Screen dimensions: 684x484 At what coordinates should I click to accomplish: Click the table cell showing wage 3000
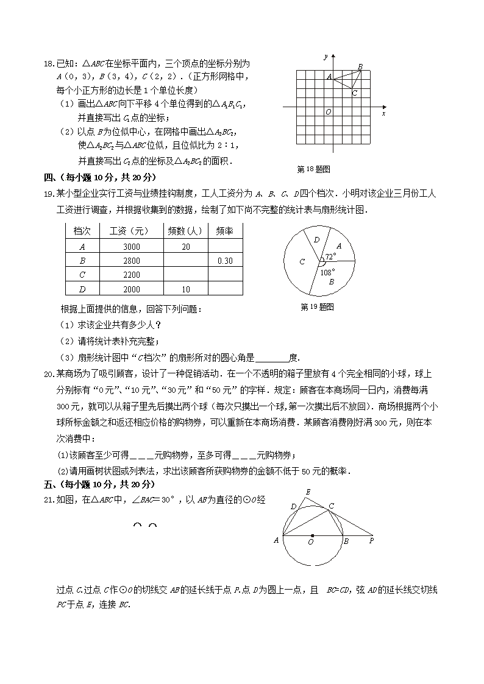pyautogui.click(x=131, y=247)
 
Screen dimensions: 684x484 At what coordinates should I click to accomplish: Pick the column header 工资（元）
pyautogui.click(x=129, y=232)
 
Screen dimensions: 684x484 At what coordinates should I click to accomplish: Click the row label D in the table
pyautogui.click(x=82, y=289)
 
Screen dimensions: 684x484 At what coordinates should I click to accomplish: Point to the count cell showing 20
pyautogui.click(x=186, y=247)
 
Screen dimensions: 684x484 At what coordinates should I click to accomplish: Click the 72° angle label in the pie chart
pyautogui.click(x=330, y=257)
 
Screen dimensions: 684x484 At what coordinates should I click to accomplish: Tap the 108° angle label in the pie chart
pyautogui.click(x=328, y=272)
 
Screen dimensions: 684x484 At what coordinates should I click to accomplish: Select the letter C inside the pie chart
pyautogui.click(x=301, y=262)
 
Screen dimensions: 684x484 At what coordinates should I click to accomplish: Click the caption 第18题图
pyautogui.click(x=313, y=169)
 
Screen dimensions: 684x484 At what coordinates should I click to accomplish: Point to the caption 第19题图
pyautogui.click(x=318, y=307)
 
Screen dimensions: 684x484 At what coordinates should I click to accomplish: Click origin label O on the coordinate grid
pyautogui.click(x=329, y=112)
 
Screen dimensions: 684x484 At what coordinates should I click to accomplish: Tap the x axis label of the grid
pyautogui.click(x=383, y=114)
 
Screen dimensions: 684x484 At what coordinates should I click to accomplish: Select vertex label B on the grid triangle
pyautogui.click(x=360, y=67)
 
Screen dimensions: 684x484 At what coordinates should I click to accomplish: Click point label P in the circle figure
pyautogui.click(x=371, y=540)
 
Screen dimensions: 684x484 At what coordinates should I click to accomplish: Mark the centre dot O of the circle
pyautogui.click(x=313, y=536)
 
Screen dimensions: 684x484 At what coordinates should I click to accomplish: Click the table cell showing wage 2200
pyautogui.click(x=131, y=275)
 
